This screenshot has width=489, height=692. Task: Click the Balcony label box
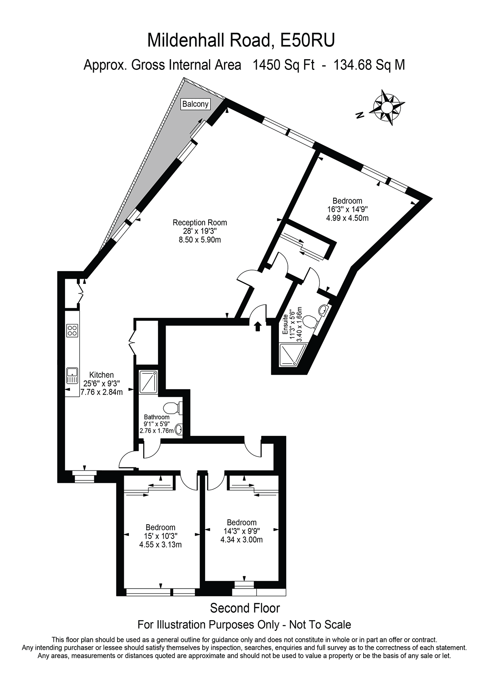point(195,104)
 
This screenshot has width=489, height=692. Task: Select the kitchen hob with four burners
point(72,330)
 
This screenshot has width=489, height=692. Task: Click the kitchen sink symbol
point(72,375)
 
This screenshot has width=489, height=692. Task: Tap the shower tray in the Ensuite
point(292,354)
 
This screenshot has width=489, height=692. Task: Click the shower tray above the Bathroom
point(148,381)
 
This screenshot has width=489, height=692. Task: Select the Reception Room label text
point(200,223)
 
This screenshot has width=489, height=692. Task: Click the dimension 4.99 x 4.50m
point(347,218)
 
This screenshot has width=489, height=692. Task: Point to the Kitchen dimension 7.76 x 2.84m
point(101,392)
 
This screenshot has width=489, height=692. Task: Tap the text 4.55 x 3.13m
point(160,545)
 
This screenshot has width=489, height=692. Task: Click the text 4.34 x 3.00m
point(241,540)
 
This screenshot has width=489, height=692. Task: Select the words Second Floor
point(244,608)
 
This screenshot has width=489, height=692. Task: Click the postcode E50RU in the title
point(307,41)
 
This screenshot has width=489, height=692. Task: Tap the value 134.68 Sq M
point(369,65)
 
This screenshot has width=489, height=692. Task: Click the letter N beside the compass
point(359,115)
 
